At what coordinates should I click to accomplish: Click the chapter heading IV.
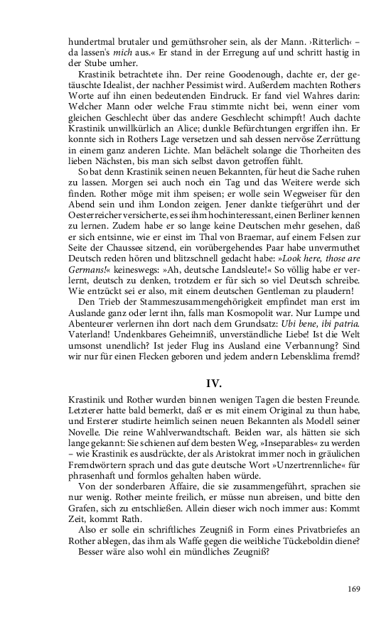[x=214, y=384]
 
